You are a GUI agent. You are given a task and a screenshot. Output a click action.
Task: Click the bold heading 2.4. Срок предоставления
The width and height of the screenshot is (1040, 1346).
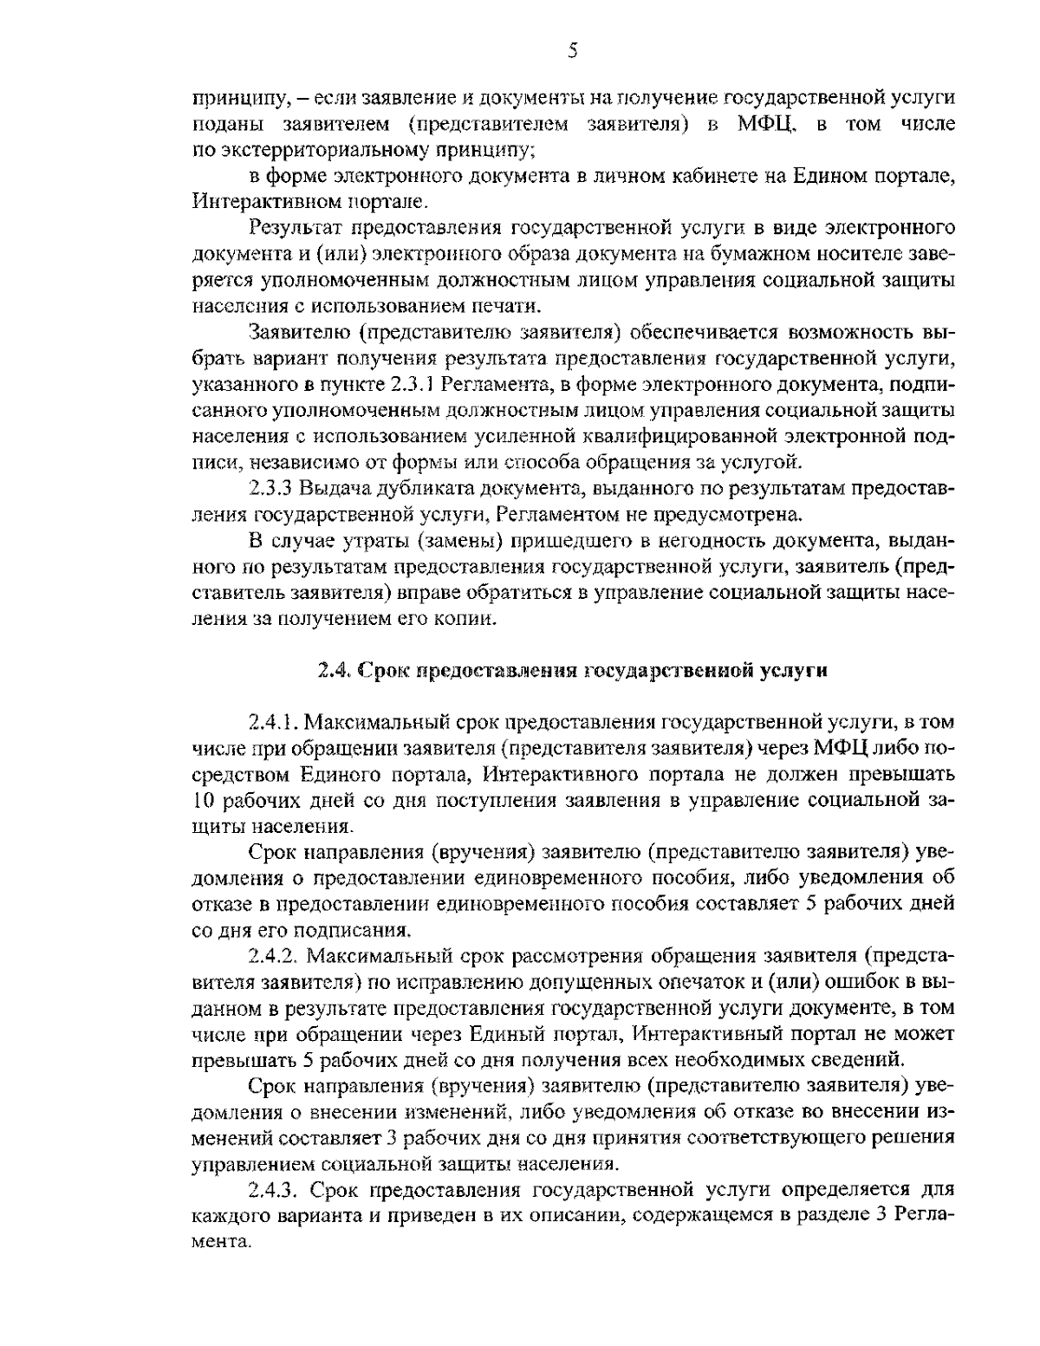572,670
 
